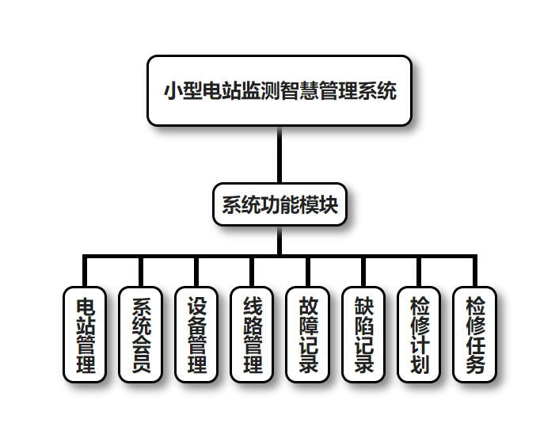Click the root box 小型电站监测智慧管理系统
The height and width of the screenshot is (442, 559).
click(x=279, y=90)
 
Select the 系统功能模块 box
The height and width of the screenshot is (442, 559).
click(x=279, y=205)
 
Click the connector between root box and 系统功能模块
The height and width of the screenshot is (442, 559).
click(x=279, y=154)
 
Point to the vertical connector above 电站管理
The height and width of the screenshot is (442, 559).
click(x=85, y=272)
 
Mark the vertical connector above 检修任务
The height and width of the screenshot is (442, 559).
click(x=475, y=272)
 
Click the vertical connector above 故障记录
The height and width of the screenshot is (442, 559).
click(x=308, y=272)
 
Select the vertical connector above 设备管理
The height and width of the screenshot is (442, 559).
click(x=196, y=272)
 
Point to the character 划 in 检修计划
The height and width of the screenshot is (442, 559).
click(x=420, y=364)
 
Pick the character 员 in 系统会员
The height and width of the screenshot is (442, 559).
click(x=140, y=364)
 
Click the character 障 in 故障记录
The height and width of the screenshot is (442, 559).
click(x=308, y=325)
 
